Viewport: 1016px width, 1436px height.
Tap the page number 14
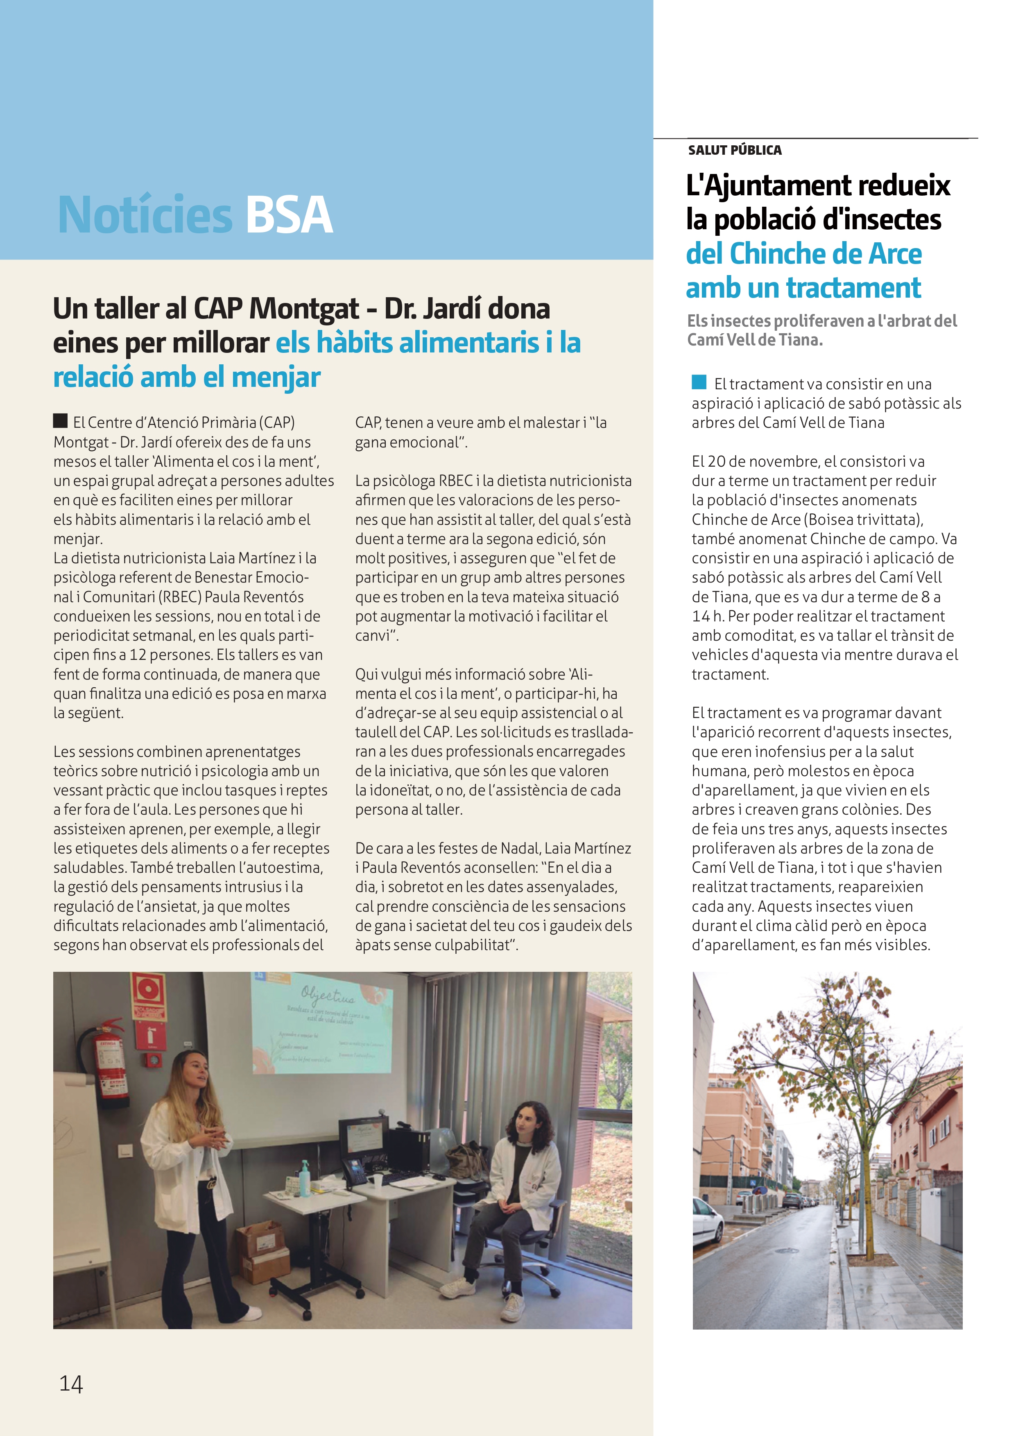coord(71,1384)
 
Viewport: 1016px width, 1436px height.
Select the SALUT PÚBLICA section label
coord(735,150)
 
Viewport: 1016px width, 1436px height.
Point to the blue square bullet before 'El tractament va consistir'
coord(699,382)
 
